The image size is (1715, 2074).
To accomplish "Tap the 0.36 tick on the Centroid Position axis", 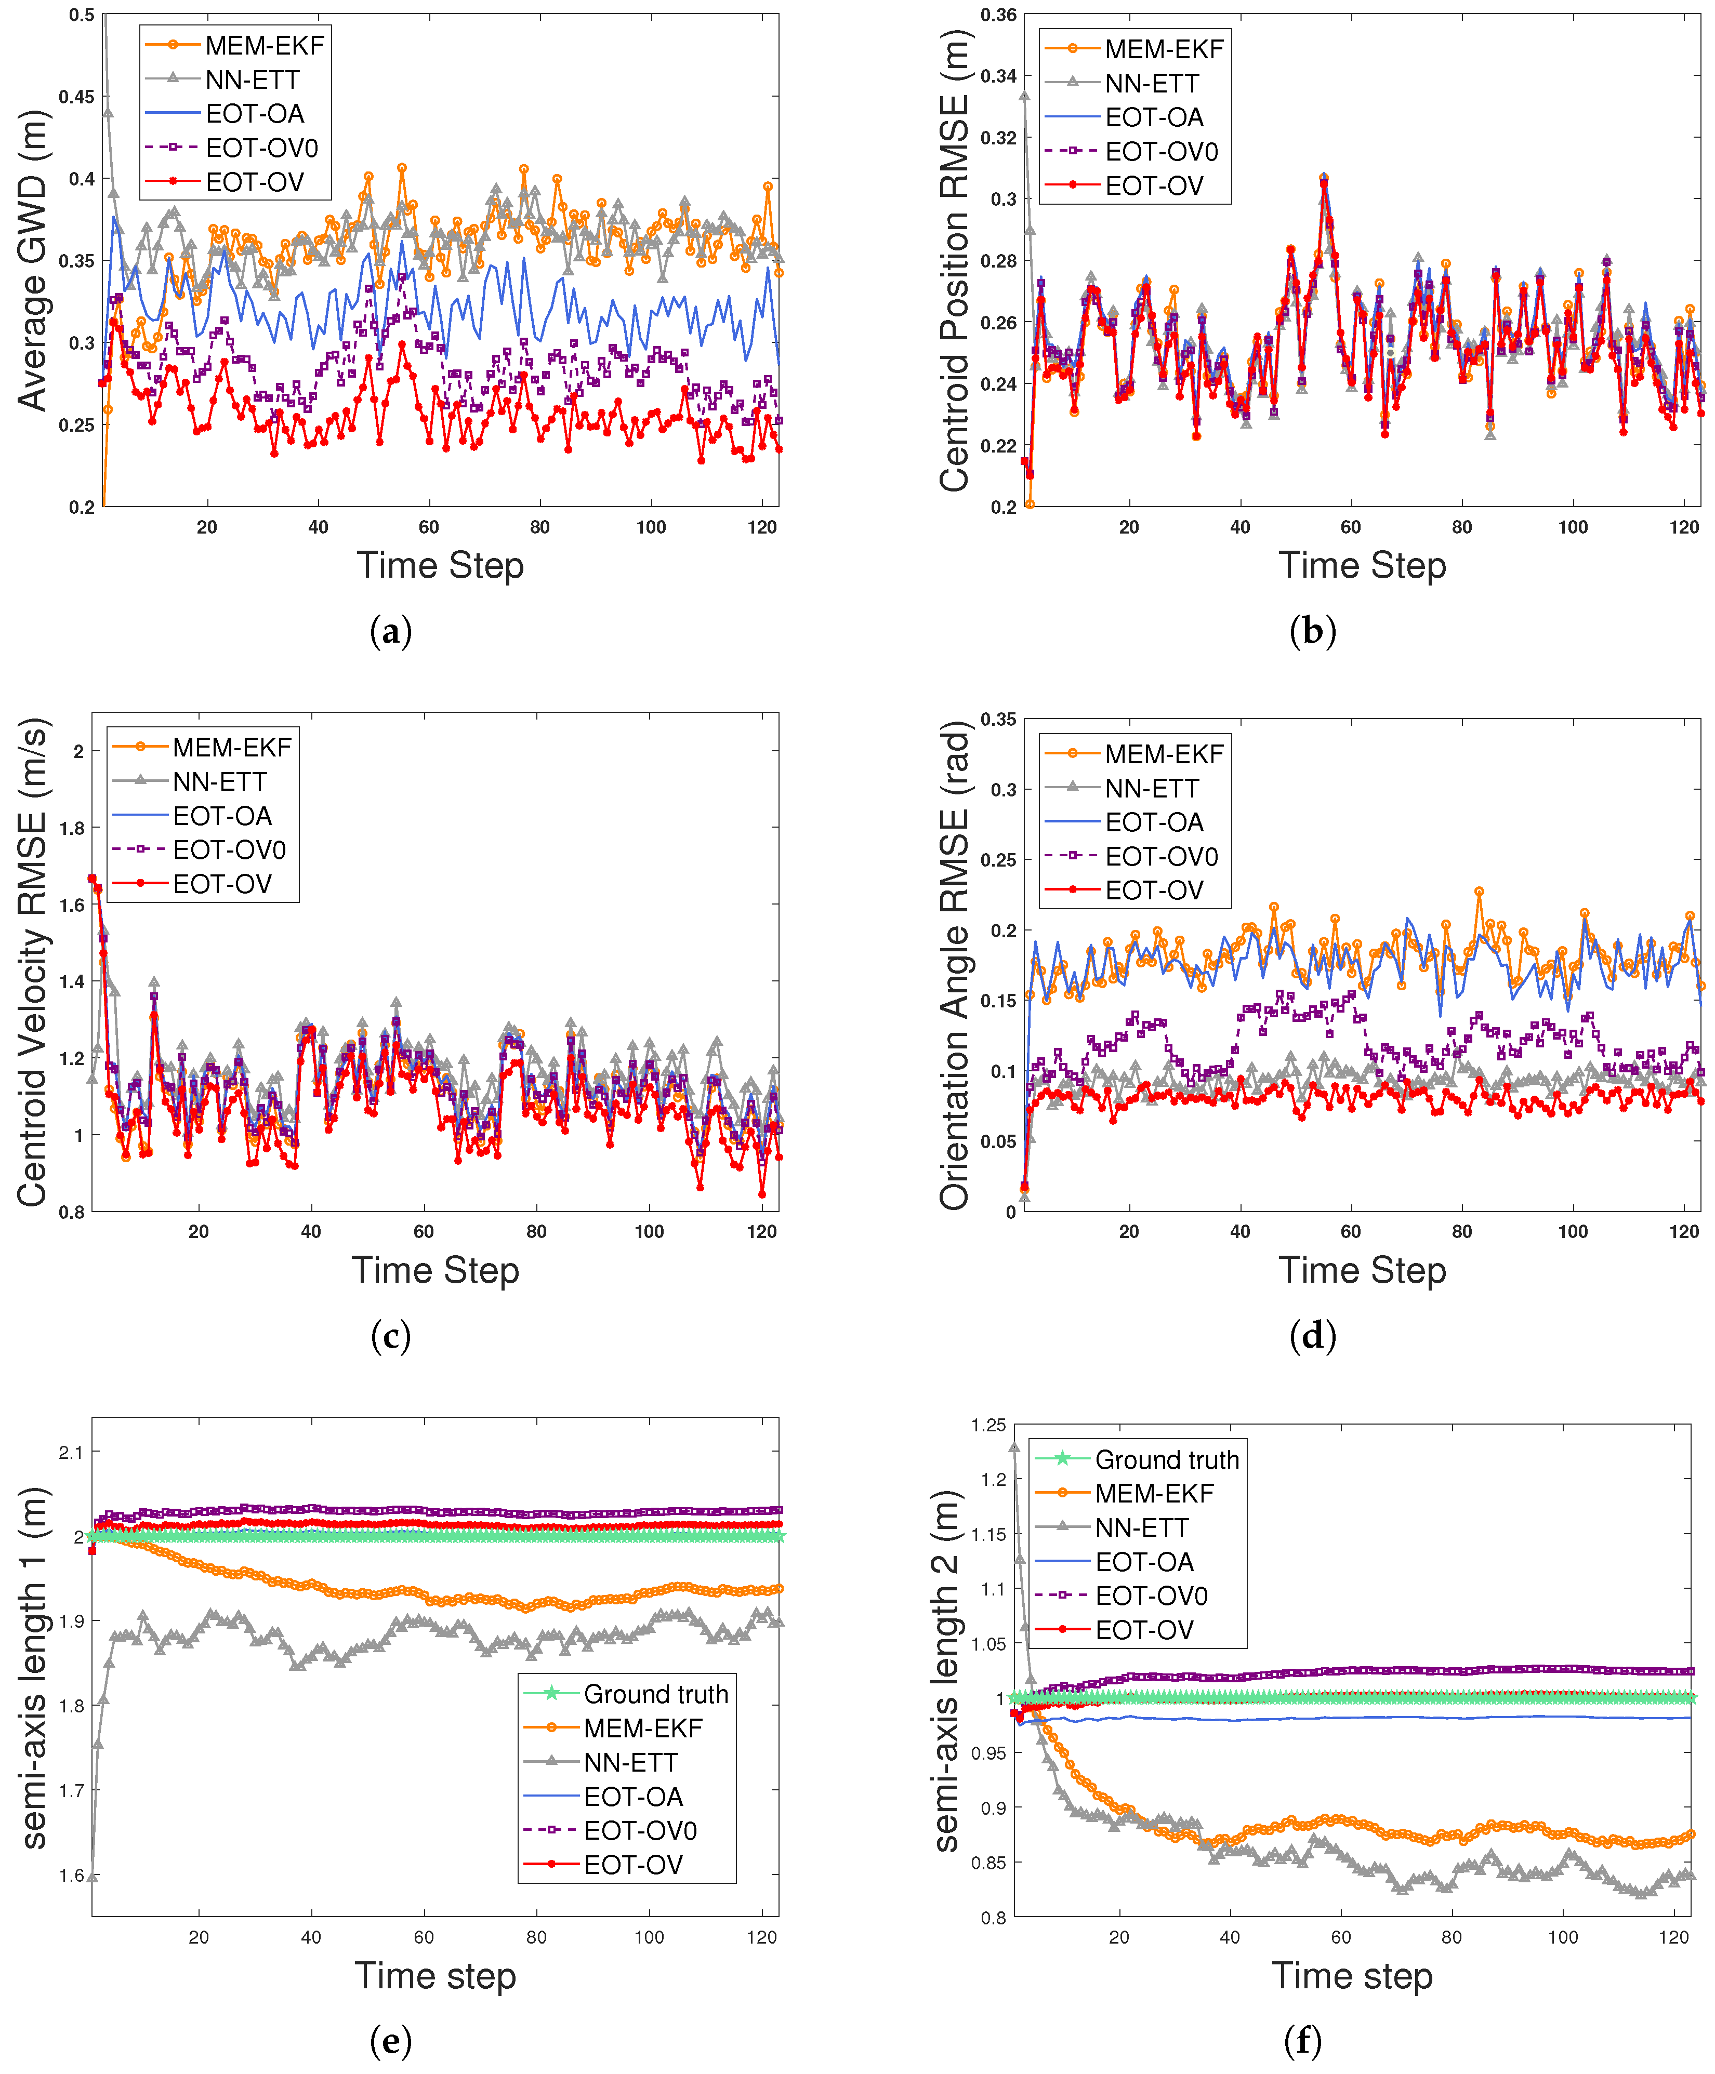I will [998, 15].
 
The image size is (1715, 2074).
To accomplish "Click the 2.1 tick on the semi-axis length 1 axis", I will [70, 1452].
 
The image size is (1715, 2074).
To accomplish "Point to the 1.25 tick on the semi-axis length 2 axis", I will [988, 1425].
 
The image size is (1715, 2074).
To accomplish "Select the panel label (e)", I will [390, 2040].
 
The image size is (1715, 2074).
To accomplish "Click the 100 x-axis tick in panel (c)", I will [649, 1231].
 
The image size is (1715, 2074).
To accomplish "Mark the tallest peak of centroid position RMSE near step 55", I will [1324, 178].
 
